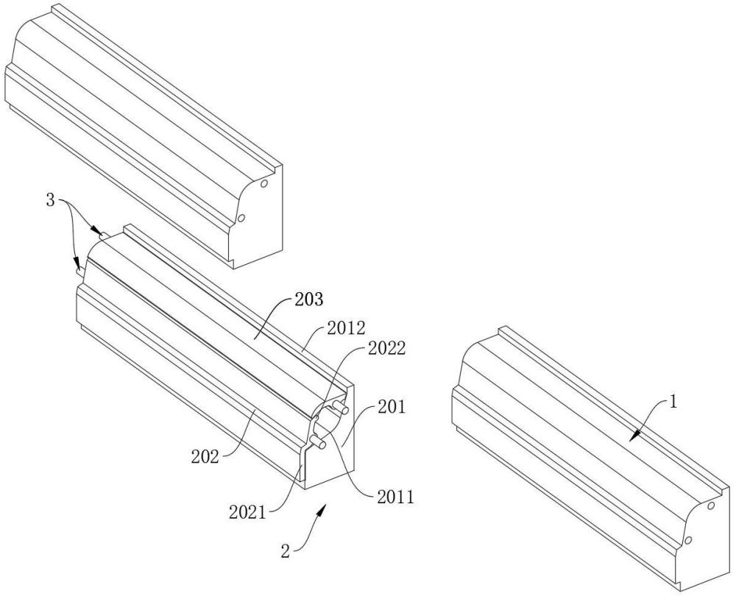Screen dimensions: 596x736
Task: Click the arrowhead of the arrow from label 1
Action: click(631, 439)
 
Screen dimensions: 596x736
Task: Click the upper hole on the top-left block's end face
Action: click(263, 183)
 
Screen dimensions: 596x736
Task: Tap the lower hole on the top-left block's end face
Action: click(240, 218)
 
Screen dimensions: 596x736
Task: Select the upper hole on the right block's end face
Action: click(711, 506)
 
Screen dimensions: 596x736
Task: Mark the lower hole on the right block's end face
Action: click(687, 541)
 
